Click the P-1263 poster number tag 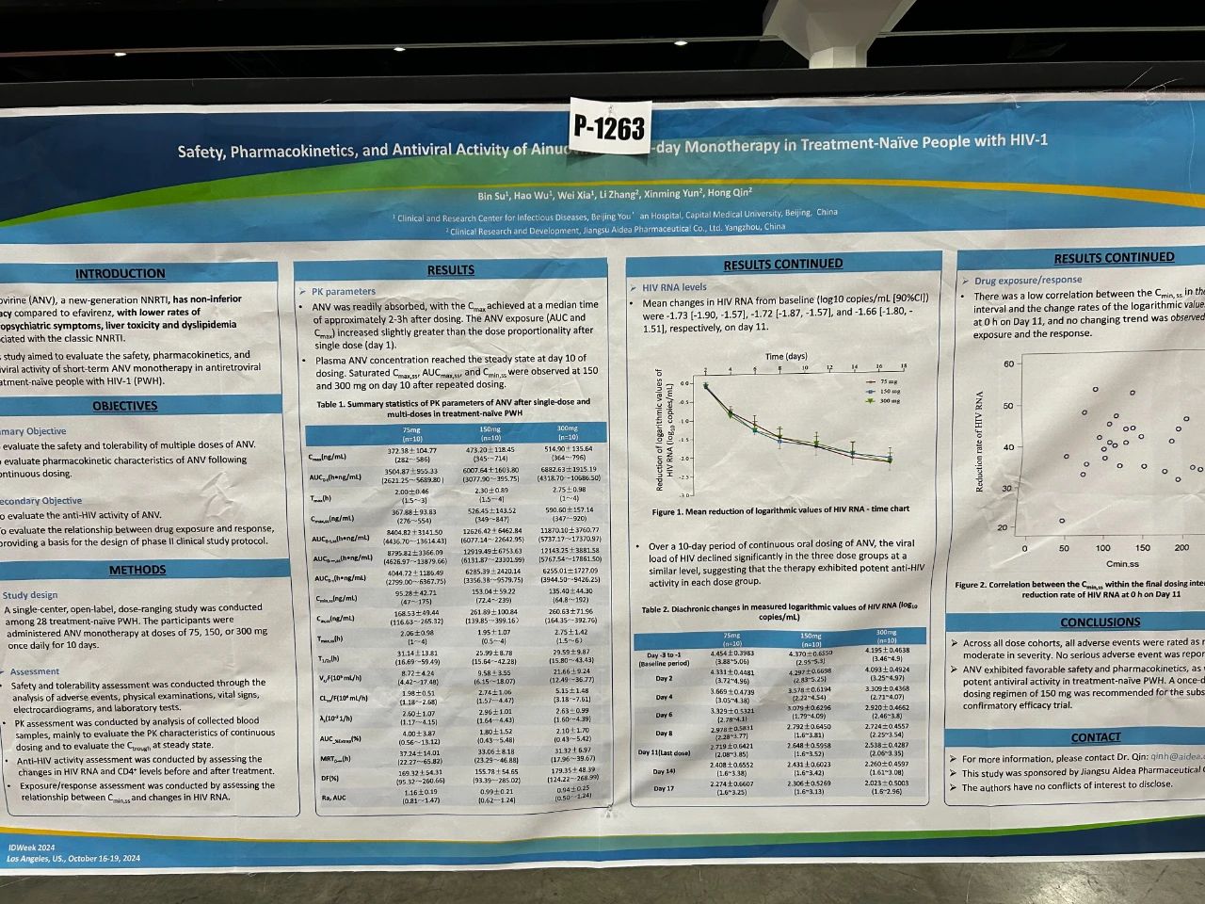point(609,127)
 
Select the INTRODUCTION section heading point(120,273)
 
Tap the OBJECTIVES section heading point(124,406)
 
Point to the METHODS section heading point(137,570)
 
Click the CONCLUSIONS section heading point(1100,622)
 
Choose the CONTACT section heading point(1095,737)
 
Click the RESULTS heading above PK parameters point(450,270)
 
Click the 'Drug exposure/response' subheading point(1028,281)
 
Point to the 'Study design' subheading point(30,595)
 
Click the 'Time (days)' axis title point(786,357)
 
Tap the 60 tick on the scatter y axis point(1009,363)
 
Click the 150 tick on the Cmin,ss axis point(1142,548)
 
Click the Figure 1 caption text point(779,510)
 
